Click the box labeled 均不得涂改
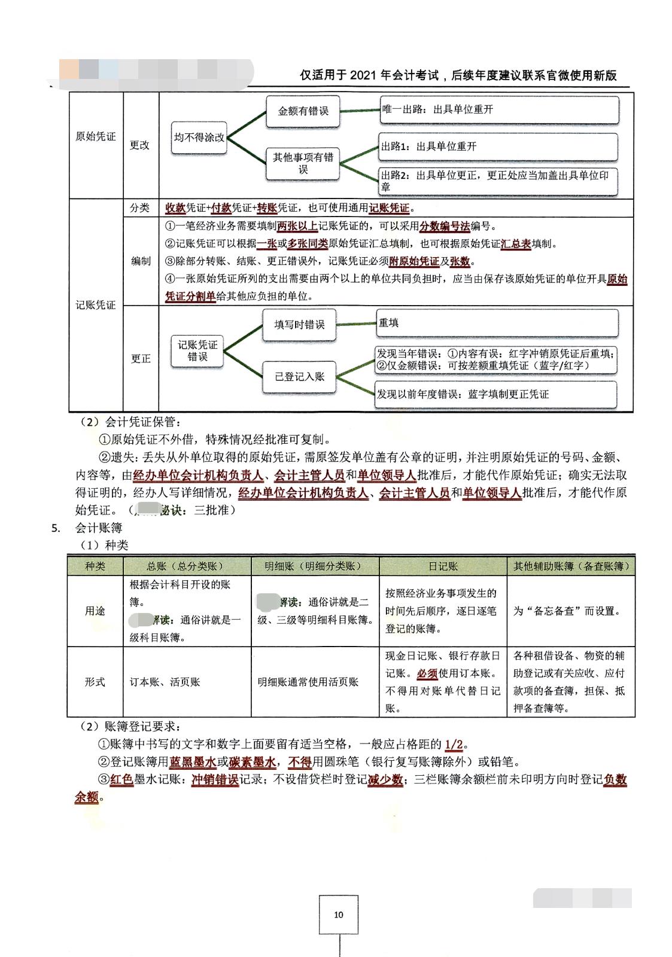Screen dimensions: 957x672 199,138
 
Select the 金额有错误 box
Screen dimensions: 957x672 303,111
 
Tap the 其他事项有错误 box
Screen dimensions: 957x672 303,163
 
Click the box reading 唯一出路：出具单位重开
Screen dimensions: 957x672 498,110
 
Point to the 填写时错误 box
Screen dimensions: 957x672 299,325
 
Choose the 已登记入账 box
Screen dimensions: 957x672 299,376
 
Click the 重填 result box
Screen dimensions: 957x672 497,323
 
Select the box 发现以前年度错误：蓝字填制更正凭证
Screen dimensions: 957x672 496,395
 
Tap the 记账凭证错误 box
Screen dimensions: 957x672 197,351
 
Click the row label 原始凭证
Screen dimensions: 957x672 96,136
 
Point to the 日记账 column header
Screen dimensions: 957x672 443,566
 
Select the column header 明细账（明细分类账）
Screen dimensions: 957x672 315,566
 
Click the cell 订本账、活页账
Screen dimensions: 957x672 165,682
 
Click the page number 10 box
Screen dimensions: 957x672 339,915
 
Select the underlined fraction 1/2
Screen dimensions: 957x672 454,745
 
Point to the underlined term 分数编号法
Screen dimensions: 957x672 444,227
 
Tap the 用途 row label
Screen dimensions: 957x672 95,611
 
